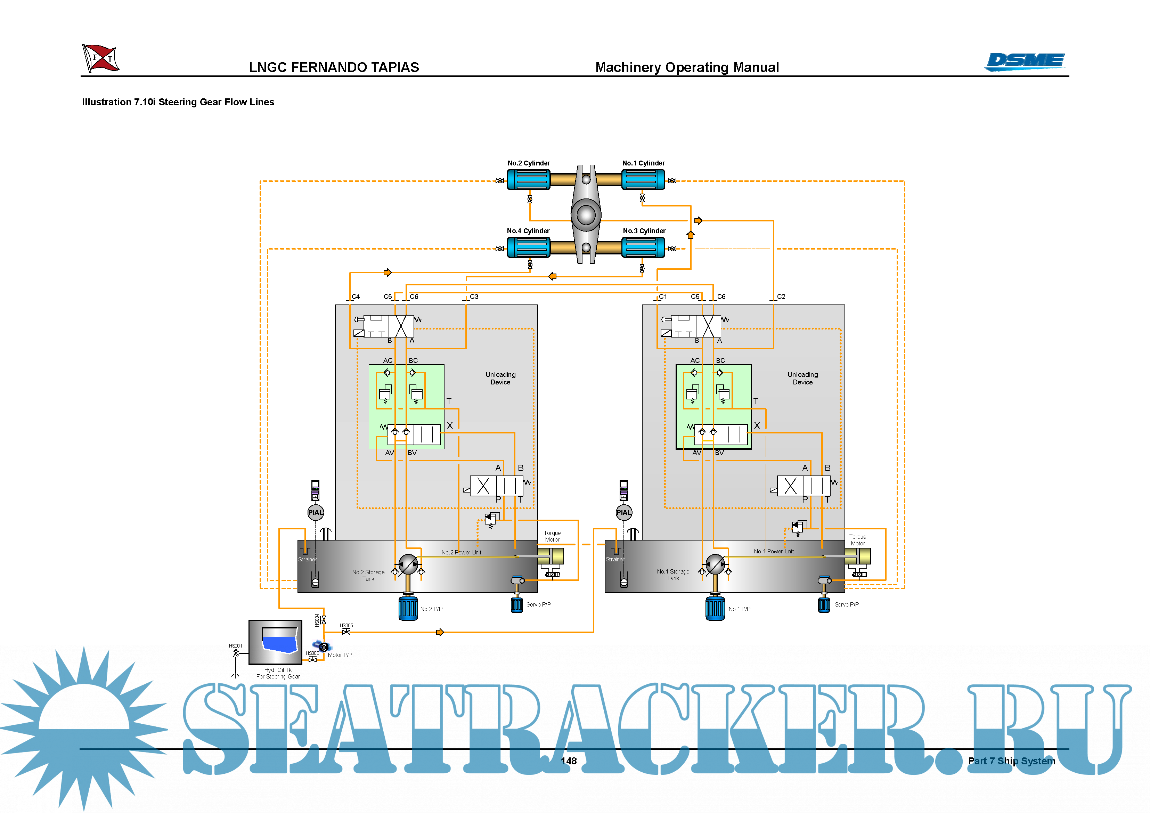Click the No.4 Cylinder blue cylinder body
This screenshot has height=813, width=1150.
coord(528,247)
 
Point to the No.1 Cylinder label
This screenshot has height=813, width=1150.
coord(643,163)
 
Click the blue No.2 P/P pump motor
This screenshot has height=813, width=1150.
coord(408,608)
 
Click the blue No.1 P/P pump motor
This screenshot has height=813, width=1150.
coord(715,608)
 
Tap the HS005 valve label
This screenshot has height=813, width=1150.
coord(346,625)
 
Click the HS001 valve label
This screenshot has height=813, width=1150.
coord(235,646)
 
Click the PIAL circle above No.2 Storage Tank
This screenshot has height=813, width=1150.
coord(316,512)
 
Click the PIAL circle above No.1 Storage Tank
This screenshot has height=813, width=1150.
coord(623,512)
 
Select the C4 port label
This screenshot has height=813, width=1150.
coord(356,296)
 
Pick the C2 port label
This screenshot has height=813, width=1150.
coord(781,296)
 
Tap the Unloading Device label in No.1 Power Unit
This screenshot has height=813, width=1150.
coord(802,378)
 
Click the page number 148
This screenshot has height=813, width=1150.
coord(569,761)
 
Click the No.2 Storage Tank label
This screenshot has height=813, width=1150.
coord(368,575)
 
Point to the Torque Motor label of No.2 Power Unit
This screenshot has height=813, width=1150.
coord(552,536)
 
